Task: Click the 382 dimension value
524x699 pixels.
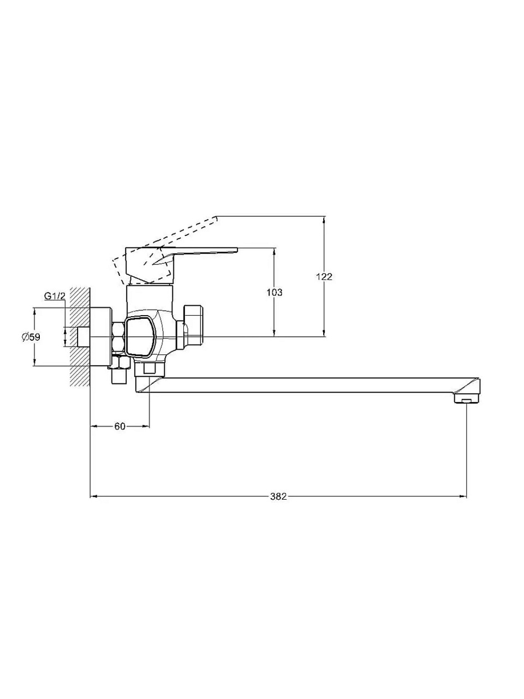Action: coord(278,496)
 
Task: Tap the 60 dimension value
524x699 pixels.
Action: coord(120,426)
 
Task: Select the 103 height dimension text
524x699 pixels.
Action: coord(274,292)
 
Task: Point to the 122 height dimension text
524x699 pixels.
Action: coord(324,276)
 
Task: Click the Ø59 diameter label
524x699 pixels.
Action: coord(31,336)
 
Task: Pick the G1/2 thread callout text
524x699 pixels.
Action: coord(55,296)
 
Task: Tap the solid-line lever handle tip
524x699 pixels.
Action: coord(237,250)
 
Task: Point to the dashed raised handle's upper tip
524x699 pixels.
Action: coord(216,218)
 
